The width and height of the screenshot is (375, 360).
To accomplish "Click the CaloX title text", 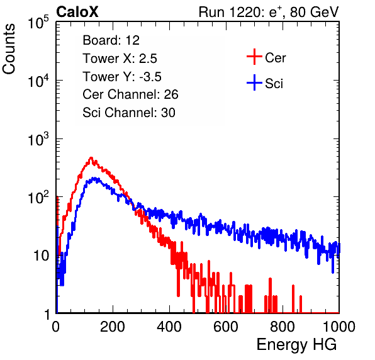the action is (77, 12).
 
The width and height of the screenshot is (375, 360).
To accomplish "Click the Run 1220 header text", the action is (269, 13).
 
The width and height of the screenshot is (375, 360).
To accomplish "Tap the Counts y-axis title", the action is (9, 49).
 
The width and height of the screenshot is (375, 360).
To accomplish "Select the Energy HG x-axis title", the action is (296, 344).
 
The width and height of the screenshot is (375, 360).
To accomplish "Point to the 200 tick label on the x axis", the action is (113, 327).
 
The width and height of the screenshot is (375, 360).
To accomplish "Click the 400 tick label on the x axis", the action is (169, 327).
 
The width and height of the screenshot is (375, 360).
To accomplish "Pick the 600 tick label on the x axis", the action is (226, 327).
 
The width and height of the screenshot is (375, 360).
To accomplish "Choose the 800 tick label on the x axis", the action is (283, 327).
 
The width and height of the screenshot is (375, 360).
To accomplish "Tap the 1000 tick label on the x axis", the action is (339, 327).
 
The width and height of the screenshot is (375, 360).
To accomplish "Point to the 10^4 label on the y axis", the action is (38, 81).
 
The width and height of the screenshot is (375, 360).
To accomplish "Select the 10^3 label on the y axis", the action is (38, 139).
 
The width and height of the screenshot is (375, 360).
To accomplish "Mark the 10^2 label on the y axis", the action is (38, 198).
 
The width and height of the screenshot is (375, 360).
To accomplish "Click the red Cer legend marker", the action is (254, 57).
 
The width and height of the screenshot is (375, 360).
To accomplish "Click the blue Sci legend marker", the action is (254, 82).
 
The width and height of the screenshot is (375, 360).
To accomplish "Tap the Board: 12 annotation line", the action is (111, 40).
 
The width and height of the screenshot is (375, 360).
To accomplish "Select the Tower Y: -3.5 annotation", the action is (122, 77).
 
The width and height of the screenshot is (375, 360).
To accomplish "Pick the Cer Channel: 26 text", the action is (130, 94).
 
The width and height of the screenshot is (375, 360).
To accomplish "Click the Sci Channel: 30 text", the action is (129, 113).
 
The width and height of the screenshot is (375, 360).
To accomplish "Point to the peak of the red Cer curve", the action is (91, 157).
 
